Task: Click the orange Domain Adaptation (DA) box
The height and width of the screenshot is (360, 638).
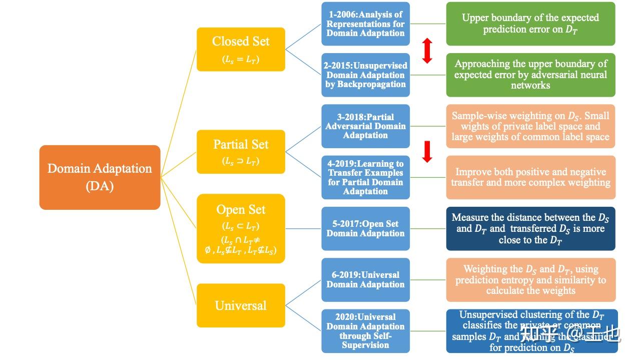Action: click(x=100, y=177)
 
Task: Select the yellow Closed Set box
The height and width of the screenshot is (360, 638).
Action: click(x=241, y=49)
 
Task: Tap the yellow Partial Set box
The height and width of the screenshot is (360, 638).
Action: click(x=241, y=152)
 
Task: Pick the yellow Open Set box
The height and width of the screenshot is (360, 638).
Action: click(x=241, y=228)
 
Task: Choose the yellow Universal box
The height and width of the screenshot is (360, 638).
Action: click(x=241, y=305)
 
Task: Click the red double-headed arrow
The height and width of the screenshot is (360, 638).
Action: click(x=427, y=51)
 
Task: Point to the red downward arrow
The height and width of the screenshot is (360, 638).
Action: click(x=427, y=152)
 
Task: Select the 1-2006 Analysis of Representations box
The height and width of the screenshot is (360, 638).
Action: click(x=365, y=24)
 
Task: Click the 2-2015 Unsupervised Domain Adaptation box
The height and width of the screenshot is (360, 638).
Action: click(x=365, y=75)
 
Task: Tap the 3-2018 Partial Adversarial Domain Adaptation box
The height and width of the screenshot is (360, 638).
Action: click(x=365, y=126)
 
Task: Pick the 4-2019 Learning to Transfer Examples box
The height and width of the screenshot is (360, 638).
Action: click(x=365, y=177)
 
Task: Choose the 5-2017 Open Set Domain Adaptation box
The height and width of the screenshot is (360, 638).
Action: click(x=365, y=228)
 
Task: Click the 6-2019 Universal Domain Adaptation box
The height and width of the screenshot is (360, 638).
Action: click(x=365, y=279)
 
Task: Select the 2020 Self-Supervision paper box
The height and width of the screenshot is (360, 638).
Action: click(x=365, y=331)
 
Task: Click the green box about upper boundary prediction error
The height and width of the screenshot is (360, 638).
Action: click(x=530, y=24)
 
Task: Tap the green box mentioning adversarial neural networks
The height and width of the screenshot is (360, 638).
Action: click(x=530, y=75)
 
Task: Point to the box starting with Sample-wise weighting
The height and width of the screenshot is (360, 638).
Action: click(x=530, y=126)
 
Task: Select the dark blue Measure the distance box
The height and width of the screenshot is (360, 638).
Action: click(x=530, y=228)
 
